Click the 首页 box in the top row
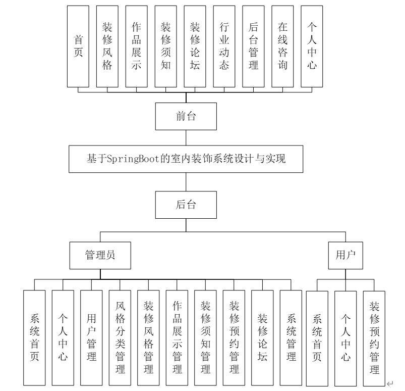(78, 46)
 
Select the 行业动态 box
(224, 46)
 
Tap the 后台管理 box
(254, 46)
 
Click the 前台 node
(186, 117)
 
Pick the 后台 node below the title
(186, 205)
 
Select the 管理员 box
(100, 255)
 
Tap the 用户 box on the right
(345, 255)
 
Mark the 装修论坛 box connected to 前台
(195, 46)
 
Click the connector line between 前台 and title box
(186, 138)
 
